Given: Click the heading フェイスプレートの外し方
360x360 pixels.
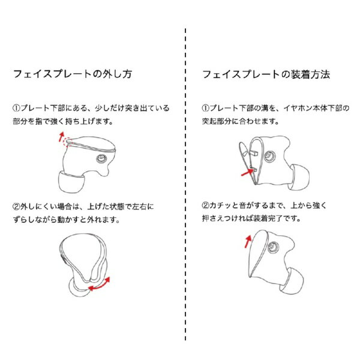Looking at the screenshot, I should [72, 76].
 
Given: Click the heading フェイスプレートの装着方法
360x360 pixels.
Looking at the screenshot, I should [266, 76].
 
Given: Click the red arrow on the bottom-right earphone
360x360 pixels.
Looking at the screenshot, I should [247, 241].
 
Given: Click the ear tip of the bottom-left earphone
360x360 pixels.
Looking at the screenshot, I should [77, 290].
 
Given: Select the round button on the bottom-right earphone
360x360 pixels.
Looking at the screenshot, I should [275, 247].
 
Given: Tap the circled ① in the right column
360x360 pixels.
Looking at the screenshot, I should [206, 109].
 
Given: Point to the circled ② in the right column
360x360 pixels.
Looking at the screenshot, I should [206, 206].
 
